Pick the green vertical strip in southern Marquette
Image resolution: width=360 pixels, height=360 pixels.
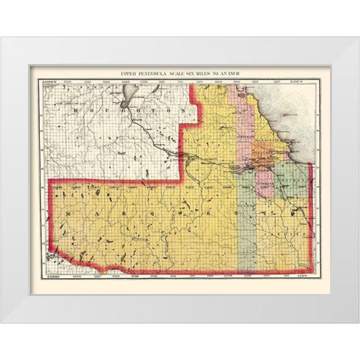click(247, 232)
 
